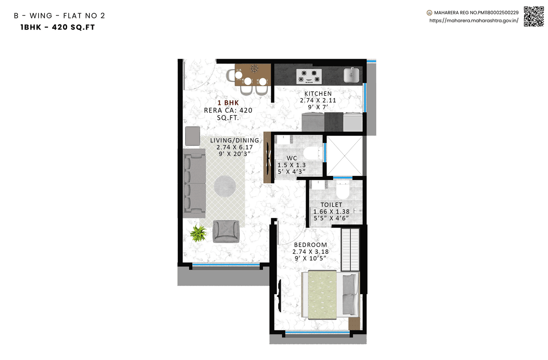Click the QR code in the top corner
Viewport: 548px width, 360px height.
coord(533,16)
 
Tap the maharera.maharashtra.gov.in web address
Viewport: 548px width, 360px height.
coord(474,20)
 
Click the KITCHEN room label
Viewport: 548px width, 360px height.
coord(318,94)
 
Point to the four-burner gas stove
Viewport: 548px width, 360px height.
coord(309,76)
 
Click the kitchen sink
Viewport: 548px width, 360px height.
coord(351,75)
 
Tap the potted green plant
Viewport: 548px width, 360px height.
coord(198,233)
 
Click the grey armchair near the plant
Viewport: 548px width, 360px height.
coord(226,231)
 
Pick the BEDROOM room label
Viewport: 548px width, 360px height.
coord(310,245)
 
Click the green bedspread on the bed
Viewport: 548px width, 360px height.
coord(321,295)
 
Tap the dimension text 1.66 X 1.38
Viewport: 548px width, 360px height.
coord(331,211)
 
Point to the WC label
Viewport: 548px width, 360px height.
coord(292,158)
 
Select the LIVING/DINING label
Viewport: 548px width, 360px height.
coord(234,140)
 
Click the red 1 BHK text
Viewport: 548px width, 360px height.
coord(228,103)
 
